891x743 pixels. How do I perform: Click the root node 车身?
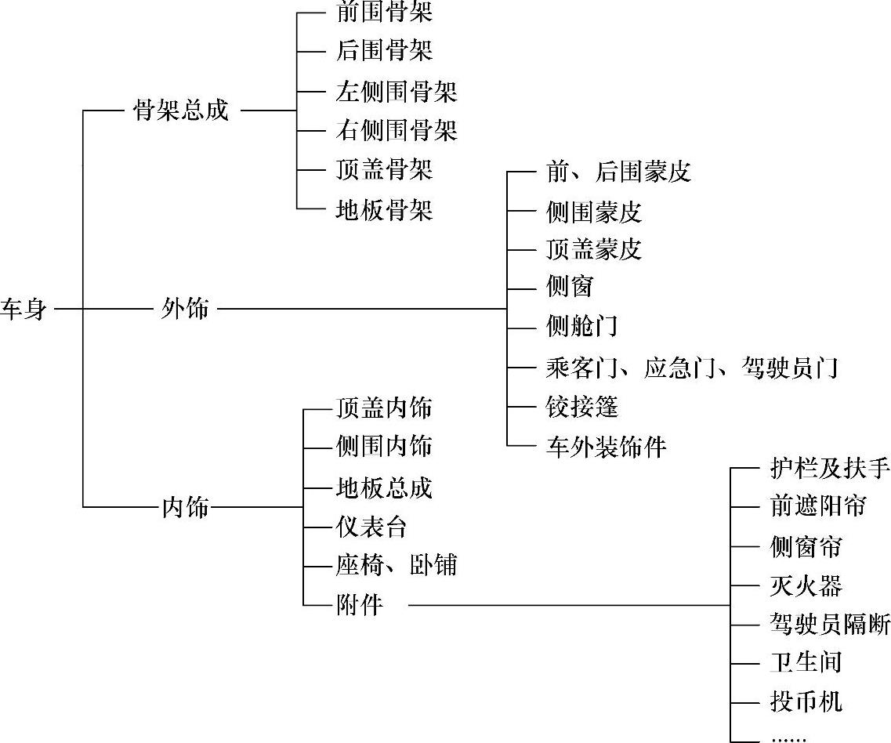point(24,309)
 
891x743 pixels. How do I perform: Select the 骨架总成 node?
point(182,111)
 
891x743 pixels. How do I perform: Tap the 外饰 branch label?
point(185,309)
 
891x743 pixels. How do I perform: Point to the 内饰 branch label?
point(185,507)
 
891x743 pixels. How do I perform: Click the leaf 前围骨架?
point(383,13)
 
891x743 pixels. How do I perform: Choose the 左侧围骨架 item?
point(396,92)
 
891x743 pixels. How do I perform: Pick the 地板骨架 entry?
point(383,210)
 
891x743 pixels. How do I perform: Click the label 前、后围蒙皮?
point(618,172)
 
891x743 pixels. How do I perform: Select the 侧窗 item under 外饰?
point(569,287)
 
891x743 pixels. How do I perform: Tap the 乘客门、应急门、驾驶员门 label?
point(692,368)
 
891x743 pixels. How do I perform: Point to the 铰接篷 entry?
point(582,407)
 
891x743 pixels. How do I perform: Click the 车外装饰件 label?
point(606,447)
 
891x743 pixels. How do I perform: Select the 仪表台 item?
point(371,527)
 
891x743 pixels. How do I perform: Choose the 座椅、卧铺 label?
point(396,565)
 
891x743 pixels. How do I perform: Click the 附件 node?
point(359,605)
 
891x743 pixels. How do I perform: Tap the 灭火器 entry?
point(806,585)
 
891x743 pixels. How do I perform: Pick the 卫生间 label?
point(806,662)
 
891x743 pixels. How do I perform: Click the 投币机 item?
point(806,701)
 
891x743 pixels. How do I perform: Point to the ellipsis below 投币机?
point(788,738)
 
